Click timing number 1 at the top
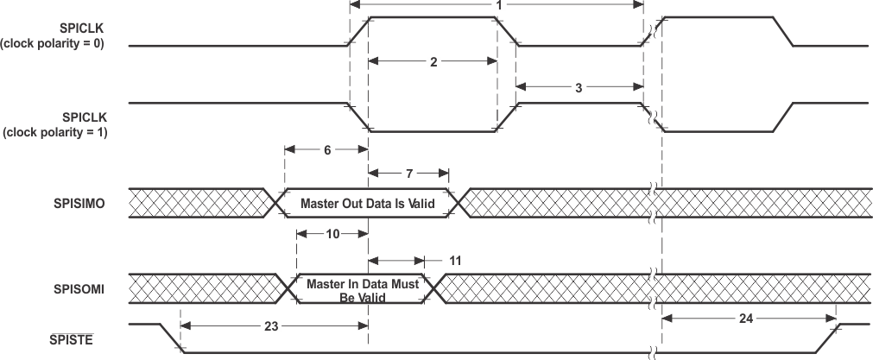pyautogui.click(x=498, y=5)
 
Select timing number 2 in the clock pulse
pyautogui.click(x=433, y=61)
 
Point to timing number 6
pyautogui.click(x=326, y=148)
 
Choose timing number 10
pyautogui.click(x=332, y=233)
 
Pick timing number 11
pyautogui.click(x=456, y=259)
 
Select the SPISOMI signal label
pyautogui.click(x=79, y=289)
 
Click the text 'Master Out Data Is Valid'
pyautogui.click(x=366, y=204)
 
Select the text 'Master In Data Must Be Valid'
pyautogui.click(x=362, y=290)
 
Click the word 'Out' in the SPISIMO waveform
pyautogui.click(x=352, y=204)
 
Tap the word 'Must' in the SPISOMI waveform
pyautogui.click(x=405, y=284)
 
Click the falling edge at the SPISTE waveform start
pyautogui.click(x=170, y=338)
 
